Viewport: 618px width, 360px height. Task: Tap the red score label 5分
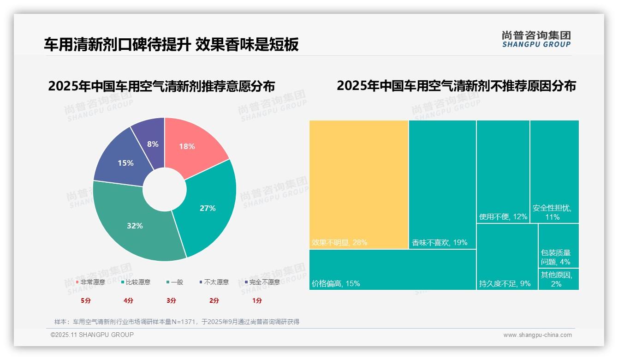pyautogui.click(x=86, y=300)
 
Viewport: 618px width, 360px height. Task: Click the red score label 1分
pyautogui.click(x=257, y=300)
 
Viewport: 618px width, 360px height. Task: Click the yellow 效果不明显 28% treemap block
pyautogui.click(x=358, y=184)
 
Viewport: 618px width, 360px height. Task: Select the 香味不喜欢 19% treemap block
pyautogui.click(x=442, y=184)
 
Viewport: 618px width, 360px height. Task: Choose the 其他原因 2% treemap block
pyautogui.click(x=558, y=279)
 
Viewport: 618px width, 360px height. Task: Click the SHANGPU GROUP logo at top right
pyautogui.click(x=536, y=39)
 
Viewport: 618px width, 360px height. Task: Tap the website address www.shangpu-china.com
pyautogui.click(x=537, y=335)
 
